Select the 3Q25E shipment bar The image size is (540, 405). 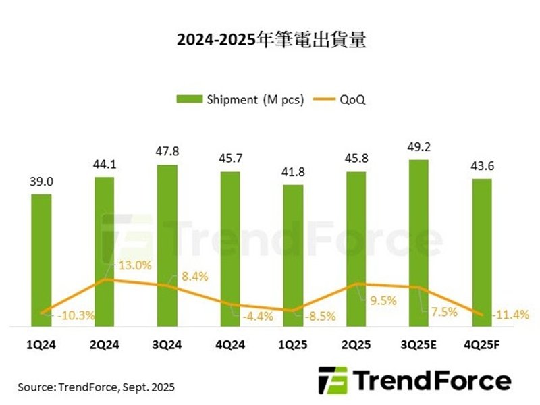[418, 243]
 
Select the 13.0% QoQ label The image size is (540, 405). [131, 265]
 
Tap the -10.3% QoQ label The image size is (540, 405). [76, 315]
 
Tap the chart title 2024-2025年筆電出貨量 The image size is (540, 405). [271, 40]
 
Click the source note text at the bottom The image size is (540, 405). [97, 387]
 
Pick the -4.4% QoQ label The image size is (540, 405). [256, 314]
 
